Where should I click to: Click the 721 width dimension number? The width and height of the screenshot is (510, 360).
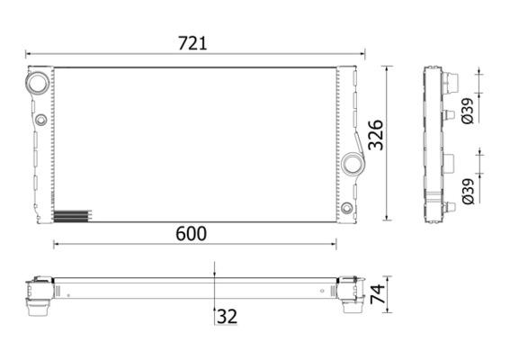click(x=192, y=43)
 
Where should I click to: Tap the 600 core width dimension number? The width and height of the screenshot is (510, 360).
click(x=191, y=234)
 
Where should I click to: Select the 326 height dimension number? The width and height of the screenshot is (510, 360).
click(x=376, y=135)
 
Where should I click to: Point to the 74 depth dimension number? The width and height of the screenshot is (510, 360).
click(x=377, y=294)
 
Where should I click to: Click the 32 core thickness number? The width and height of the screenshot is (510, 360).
click(x=227, y=317)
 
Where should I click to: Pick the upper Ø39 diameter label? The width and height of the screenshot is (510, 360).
click(x=468, y=111)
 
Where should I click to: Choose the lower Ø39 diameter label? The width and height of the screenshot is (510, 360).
click(x=468, y=192)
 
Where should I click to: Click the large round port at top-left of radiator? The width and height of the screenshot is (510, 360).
click(x=39, y=83)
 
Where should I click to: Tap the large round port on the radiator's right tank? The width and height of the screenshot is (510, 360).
click(x=353, y=164)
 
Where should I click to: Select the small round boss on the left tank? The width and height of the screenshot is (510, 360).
click(x=41, y=120)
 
